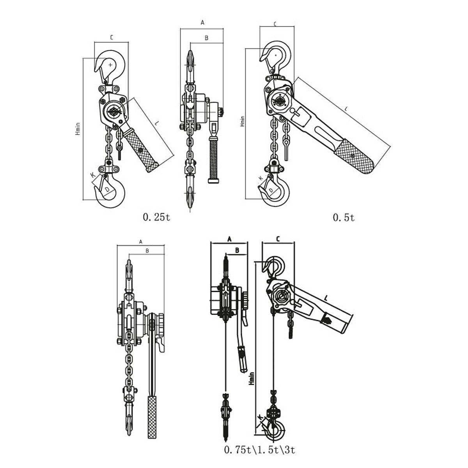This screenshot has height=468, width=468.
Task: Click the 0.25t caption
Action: click(157, 217)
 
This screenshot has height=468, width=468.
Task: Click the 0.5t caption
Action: click(344, 217)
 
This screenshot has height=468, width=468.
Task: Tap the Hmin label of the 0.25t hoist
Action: click(78, 129)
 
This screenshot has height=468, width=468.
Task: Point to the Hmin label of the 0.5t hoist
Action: click(242, 121)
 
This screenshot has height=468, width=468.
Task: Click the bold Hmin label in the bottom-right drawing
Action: click(252, 378)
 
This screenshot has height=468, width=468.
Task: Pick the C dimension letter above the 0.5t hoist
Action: click(275, 24)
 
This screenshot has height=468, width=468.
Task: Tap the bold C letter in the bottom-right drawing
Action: click(278, 239)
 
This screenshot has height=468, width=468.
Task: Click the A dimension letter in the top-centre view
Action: click(202, 23)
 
